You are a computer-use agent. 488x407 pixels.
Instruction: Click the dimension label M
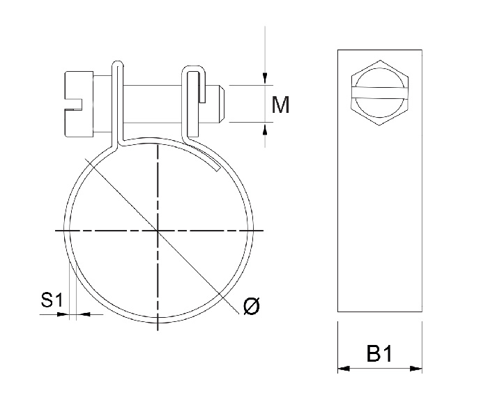click(x=280, y=105)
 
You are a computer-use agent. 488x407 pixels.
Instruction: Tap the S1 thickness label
click(x=52, y=301)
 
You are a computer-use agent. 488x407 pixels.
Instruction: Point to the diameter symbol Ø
click(x=252, y=306)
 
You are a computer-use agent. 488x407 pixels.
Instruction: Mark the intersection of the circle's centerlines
click(x=159, y=230)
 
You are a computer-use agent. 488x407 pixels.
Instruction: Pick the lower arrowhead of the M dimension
click(x=266, y=128)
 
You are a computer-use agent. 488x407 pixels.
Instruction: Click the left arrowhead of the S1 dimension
click(x=63, y=315)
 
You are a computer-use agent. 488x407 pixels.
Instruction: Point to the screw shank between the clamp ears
click(x=153, y=104)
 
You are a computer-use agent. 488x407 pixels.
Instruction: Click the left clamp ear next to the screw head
click(x=119, y=101)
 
